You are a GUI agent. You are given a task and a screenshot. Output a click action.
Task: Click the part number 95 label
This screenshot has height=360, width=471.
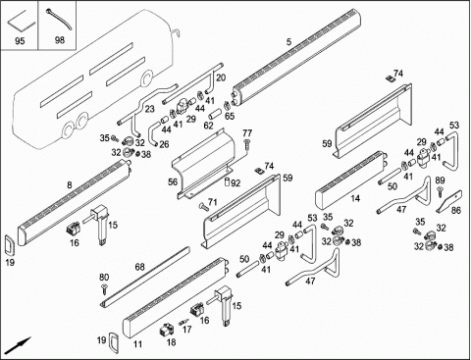point(20,41)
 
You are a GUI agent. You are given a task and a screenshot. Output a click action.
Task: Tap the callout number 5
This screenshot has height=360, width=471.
point(288,42)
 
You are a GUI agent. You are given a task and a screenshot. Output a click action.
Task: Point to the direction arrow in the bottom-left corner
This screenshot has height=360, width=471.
point(19,344)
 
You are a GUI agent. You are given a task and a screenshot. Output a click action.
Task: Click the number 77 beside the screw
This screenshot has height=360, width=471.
point(247,133)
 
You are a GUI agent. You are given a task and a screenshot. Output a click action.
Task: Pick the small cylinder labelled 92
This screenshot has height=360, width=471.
point(227,182)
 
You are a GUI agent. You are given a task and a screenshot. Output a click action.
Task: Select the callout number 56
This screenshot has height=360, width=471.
point(173,181)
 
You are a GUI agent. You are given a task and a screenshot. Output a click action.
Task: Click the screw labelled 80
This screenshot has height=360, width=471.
point(104,289)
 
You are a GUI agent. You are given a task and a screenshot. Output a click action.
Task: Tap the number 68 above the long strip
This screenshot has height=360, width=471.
point(139,267)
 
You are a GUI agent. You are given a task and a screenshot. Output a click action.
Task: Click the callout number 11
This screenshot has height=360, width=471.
point(137,344)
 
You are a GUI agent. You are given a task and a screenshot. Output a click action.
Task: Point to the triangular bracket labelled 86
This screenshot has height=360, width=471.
point(448,201)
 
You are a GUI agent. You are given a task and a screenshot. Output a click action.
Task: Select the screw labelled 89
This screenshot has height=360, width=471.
point(440,191)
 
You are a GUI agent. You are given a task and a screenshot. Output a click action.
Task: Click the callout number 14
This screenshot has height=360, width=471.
point(355,198)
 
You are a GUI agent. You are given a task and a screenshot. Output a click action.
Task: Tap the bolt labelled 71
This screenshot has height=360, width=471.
point(203,206)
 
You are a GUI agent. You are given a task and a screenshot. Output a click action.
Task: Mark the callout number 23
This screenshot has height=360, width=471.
point(149,109)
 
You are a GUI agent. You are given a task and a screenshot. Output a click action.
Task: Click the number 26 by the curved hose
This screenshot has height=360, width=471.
point(164,144)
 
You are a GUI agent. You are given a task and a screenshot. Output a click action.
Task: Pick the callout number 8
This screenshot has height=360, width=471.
point(69,185)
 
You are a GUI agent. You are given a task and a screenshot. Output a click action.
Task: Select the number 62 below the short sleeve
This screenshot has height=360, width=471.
point(208,126)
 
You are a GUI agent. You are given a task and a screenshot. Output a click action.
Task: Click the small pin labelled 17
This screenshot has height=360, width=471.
point(183,322)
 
